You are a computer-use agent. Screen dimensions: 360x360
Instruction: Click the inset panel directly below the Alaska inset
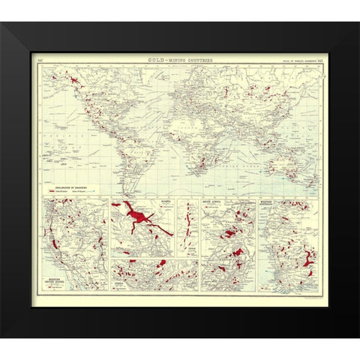(x=154, y=274)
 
